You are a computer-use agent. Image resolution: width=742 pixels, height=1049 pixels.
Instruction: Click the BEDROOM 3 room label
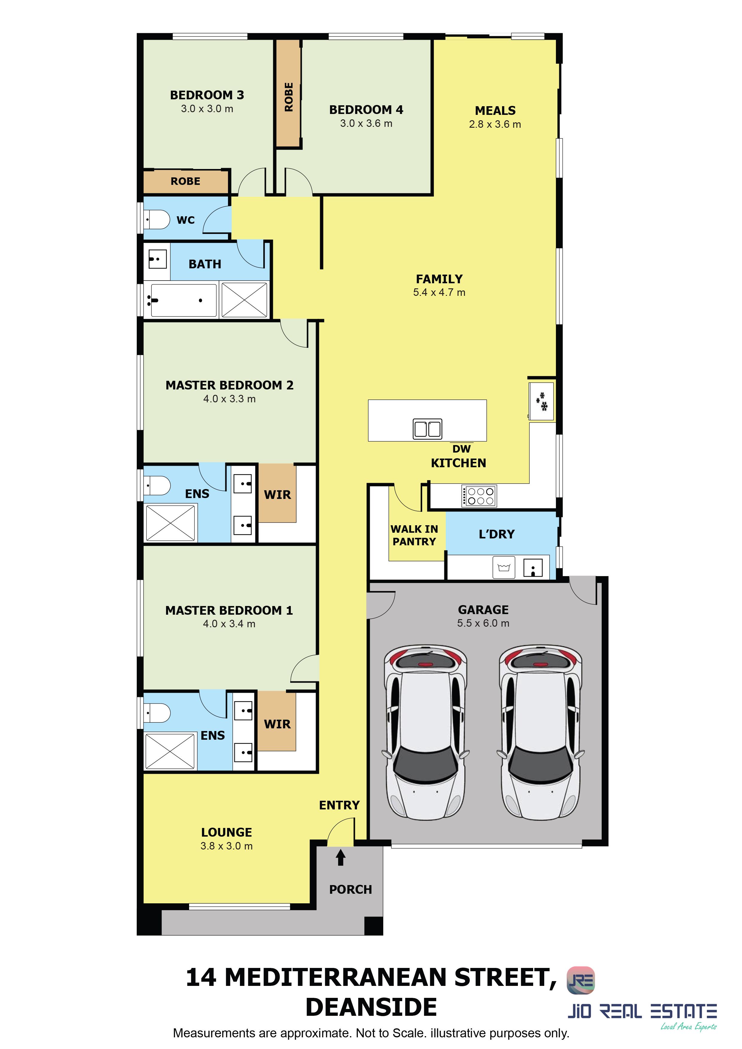[x=207, y=95]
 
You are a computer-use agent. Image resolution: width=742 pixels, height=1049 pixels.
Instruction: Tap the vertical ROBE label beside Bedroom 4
[x=289, y=97]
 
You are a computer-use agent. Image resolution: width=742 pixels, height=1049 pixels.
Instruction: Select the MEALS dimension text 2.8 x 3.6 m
[x=495, y=124]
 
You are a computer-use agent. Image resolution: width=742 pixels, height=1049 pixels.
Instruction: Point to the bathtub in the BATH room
[x=183, y=300]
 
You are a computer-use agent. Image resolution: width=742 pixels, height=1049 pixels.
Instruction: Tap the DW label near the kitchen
[x=461, y=449]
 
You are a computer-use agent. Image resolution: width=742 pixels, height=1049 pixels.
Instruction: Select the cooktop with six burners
[x=479, y=496]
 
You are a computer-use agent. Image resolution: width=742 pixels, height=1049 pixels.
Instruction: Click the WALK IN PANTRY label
[x=414, y=535]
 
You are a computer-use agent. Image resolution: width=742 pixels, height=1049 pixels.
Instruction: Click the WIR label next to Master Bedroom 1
[x=277, y=724]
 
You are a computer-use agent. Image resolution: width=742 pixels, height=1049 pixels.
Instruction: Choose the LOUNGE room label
[x=226, y=832]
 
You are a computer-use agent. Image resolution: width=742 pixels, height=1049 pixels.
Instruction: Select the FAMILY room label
[x=439, y=279]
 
